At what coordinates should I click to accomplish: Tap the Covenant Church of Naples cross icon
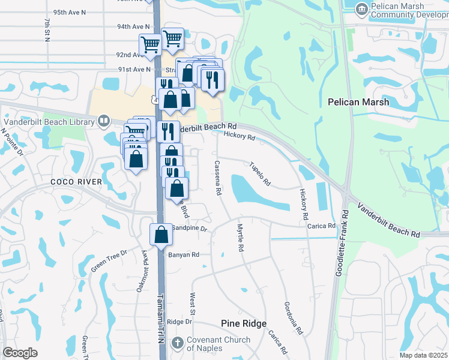click(177, 344)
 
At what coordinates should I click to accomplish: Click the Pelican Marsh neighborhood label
click(358, 102)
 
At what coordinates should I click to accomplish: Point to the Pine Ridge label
click(244, 323)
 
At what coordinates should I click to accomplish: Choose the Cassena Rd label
click(218, 178)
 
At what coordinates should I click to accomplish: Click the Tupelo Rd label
click(260, 173)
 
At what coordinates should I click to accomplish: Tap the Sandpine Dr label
click(189, 229)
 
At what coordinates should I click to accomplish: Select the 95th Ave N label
click(69, 12)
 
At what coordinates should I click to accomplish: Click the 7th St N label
click(47, 30)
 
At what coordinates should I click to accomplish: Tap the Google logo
click(20, 353)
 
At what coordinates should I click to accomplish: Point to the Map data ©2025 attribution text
click(423, 355)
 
